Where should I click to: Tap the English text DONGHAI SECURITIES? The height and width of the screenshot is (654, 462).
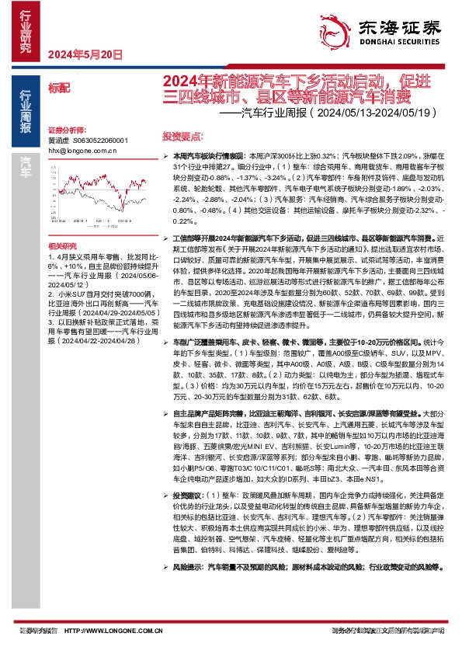coord(397,46)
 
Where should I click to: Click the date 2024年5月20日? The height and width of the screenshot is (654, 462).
coord(85,55)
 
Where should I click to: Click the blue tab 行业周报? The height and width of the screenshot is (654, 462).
coord(25,110)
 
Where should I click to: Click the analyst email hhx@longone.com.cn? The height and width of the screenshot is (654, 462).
coord(82,151)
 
